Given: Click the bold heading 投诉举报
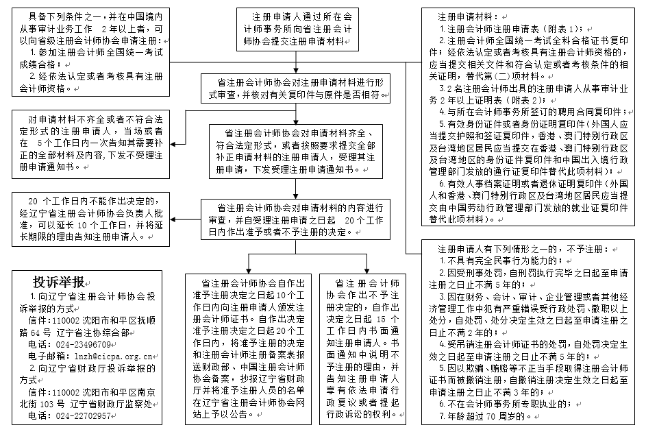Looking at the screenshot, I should pos(59,282).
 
